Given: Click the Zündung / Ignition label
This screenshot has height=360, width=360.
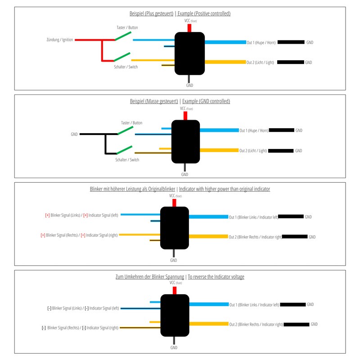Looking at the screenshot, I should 59,40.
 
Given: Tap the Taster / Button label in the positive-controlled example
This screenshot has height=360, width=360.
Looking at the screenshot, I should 127,28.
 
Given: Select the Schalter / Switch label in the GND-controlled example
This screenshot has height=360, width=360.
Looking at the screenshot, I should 127,160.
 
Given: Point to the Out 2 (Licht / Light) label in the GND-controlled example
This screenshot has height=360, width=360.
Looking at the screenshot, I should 253,151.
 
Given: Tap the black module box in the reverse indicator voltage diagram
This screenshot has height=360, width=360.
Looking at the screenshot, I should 175,315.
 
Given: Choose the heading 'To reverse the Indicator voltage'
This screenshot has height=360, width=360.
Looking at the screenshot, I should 216,277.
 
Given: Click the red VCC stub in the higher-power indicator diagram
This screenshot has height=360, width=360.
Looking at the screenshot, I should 174,203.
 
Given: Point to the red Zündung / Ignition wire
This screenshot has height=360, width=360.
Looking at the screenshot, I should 88,40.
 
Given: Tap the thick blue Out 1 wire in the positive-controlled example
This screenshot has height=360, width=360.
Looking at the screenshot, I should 225,42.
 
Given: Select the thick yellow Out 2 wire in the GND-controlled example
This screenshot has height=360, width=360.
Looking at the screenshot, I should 219,150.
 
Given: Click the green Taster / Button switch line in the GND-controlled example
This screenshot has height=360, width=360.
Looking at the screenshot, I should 125,130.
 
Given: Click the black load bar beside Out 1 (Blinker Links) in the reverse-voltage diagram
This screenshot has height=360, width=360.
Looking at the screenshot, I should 292,305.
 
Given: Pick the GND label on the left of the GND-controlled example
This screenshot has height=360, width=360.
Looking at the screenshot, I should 74,134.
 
